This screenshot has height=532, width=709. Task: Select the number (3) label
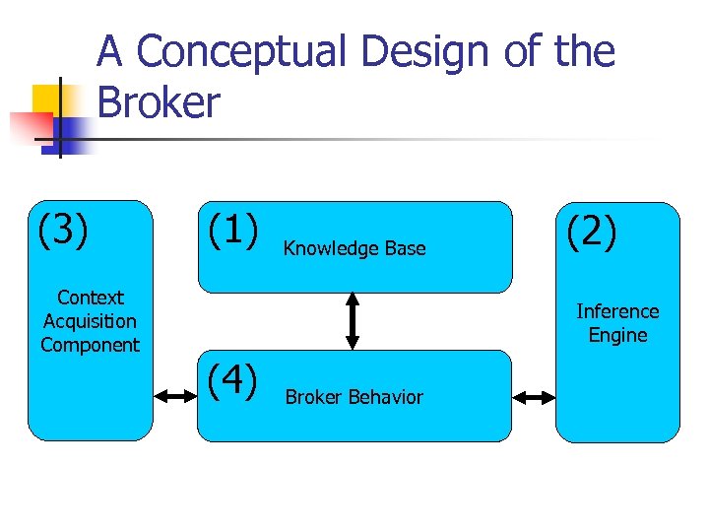point(64,231)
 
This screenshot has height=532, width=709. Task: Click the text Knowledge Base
point(354,249)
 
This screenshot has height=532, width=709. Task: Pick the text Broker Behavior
point(354,397)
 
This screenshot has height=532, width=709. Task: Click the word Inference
point(617,311)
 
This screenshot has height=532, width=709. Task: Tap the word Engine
point(617,335)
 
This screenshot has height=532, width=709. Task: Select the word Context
point(91,298)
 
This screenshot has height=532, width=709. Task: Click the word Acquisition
point(91,321)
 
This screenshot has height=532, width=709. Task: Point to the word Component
point(91,345)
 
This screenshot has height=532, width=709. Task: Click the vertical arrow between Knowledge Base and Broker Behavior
point(351,321)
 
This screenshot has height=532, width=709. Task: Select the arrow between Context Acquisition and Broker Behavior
point(175,397)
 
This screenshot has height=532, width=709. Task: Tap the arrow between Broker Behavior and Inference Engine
point(534,398)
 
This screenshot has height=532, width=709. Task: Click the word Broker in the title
point(159,101)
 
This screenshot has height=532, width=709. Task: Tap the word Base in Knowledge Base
point(406,249)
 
